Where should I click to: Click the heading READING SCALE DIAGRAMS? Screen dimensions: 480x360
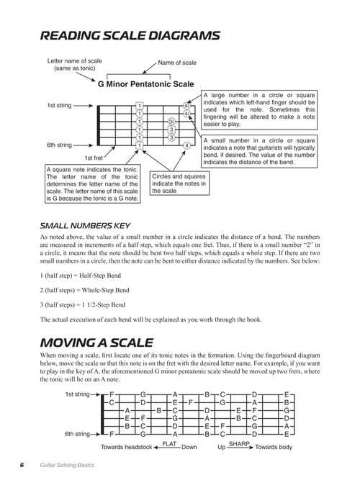tap(130, 35)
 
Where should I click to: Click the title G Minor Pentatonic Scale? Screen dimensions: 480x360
tap(147, 83)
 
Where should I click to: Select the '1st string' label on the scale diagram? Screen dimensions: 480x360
tap(60, 105)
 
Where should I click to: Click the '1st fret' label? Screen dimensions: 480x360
tap(94, 158)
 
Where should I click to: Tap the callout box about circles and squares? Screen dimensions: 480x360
tap(180, 183)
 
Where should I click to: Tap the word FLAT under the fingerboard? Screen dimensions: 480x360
tap(171, 443)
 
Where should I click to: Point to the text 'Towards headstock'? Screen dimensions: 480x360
tap(127, 447)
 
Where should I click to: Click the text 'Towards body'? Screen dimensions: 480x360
tap(274, 447)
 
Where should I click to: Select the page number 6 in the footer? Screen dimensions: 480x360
tap(22, 465)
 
